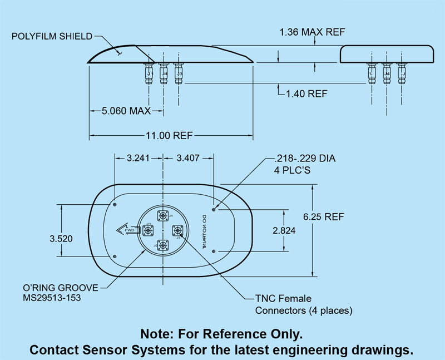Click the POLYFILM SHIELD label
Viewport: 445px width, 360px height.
52,37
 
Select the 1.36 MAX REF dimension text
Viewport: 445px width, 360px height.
312,32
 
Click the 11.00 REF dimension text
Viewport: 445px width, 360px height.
168,135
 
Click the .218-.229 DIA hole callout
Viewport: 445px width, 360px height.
305,159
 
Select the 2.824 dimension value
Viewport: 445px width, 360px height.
281,230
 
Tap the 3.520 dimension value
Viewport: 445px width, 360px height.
61,239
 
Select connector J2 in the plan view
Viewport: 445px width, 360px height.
163,244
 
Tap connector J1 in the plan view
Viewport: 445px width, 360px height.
149,230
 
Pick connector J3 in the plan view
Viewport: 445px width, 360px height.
178,230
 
